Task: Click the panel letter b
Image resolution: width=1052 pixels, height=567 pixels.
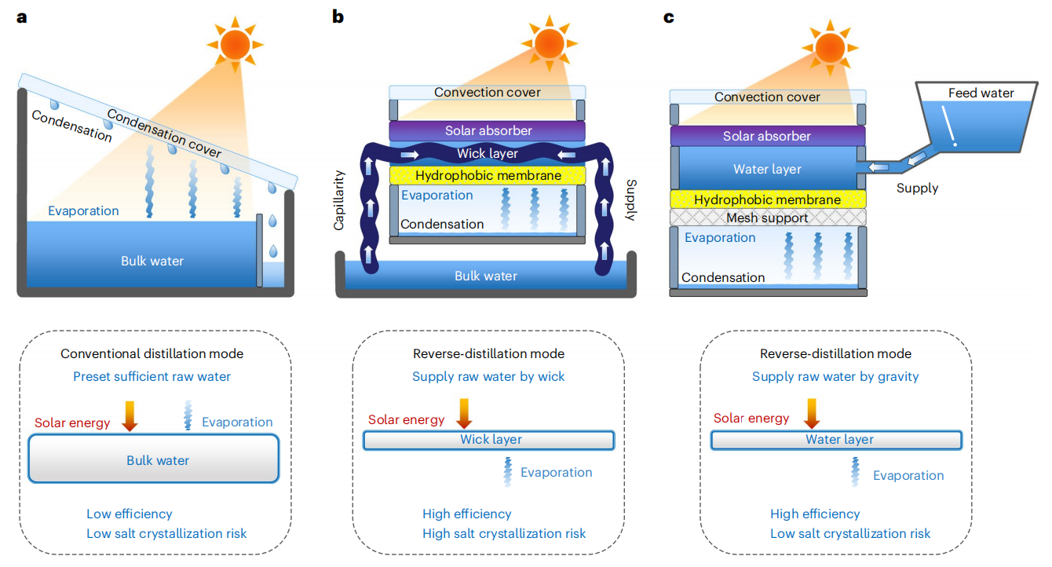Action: tap(338, 16)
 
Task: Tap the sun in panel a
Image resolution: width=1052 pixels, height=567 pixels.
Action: tap(232, 44)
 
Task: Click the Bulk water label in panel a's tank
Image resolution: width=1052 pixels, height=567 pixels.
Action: tap(152, 261)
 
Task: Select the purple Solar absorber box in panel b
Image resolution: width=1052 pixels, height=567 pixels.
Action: tap(488, 130)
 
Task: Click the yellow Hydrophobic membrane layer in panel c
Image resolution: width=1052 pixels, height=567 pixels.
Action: tap(767, 200)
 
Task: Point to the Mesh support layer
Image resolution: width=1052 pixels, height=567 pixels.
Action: tap(767, 218)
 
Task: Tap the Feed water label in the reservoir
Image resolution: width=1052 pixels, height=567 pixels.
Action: tap(981, 93)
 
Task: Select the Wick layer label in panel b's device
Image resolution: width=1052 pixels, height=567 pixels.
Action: tap(488, 153)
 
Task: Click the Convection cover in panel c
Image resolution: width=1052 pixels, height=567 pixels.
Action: tap(767, 97)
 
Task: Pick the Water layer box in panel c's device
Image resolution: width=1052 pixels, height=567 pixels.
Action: tap(767, 169)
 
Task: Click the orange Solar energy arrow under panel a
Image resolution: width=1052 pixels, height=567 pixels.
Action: tap(130, 415)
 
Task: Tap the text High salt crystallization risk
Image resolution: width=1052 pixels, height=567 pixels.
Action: tap(504, 533)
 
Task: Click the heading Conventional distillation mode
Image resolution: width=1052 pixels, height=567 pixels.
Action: tap(152, 354)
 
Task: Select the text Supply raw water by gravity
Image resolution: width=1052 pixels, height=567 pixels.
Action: tap(835, 376)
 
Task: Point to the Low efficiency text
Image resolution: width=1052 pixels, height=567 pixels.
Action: tap(130, 514)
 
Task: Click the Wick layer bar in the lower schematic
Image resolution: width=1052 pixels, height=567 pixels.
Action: tap(488, 440)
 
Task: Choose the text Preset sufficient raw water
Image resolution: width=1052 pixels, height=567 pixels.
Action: tap(152, 376)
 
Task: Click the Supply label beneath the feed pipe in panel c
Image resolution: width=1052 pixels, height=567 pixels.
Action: tap(917, 188)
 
